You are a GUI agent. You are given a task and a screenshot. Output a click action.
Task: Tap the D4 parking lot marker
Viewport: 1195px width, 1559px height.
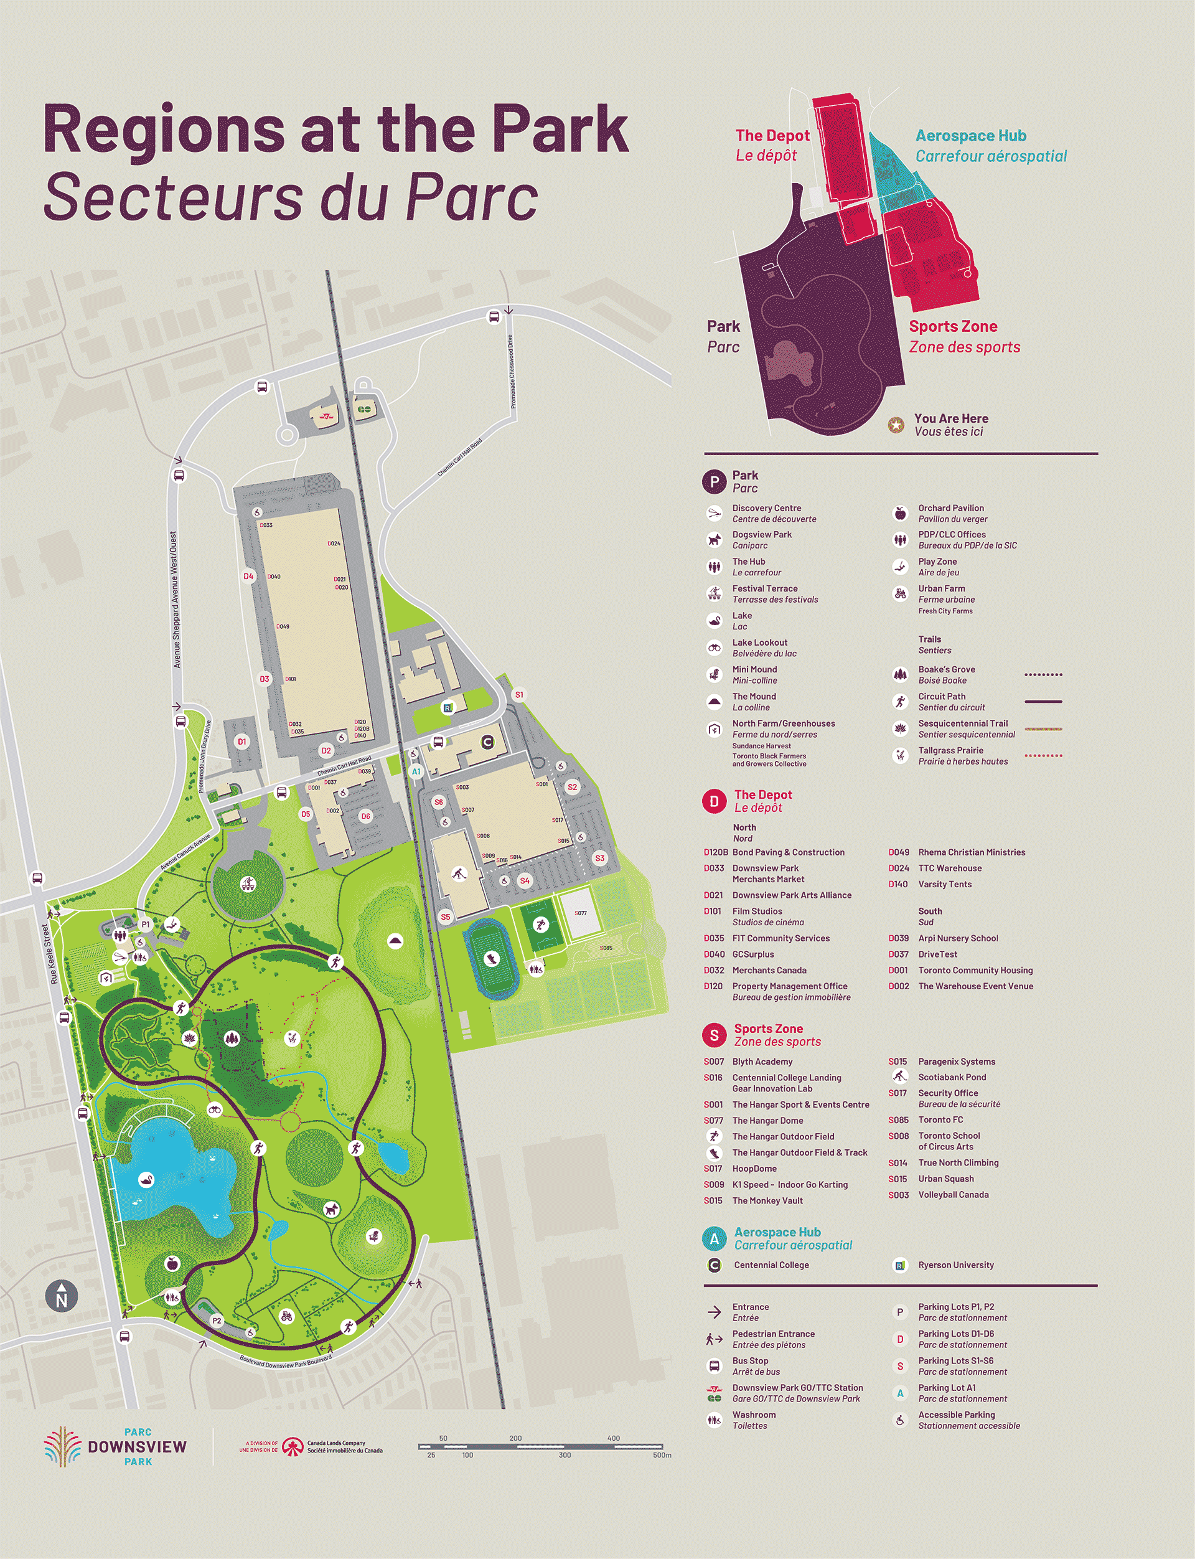tap(248, 577)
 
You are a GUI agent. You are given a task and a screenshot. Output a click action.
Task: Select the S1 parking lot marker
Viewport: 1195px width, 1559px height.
tap(518, 694)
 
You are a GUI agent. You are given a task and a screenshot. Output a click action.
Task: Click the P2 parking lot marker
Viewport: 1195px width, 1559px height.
tap(217, 1321)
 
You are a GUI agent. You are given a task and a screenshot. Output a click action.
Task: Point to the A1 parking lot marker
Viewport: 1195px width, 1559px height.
tap(416, 771)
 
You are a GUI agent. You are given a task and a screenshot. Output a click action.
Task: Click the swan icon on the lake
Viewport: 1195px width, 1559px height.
tap(146, 1179)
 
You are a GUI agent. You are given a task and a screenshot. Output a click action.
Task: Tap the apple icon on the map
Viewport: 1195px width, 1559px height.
tap(171, 1263)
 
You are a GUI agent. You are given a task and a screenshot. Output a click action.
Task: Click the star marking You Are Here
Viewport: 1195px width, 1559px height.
tap(896, 425)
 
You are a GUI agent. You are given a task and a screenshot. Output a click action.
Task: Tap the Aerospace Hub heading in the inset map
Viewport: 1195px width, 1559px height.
tap(970, 135)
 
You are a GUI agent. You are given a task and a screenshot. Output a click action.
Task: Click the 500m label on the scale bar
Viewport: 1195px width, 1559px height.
tap(662, 1455)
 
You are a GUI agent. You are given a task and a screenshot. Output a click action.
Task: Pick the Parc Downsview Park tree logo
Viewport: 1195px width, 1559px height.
tap(63, 1446)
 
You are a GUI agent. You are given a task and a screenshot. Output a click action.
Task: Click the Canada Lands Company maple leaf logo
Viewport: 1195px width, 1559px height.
tap(293, 1446)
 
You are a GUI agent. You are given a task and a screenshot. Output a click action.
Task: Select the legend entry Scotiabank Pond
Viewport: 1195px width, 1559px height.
tap(952, 1077)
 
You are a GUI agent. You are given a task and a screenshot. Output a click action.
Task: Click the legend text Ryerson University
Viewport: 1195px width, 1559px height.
tap(955, 1265)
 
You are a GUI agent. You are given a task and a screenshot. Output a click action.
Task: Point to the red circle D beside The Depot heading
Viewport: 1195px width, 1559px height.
tap(713, 801)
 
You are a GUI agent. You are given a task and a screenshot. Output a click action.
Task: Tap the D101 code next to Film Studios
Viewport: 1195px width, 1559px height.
tap(713, 911)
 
